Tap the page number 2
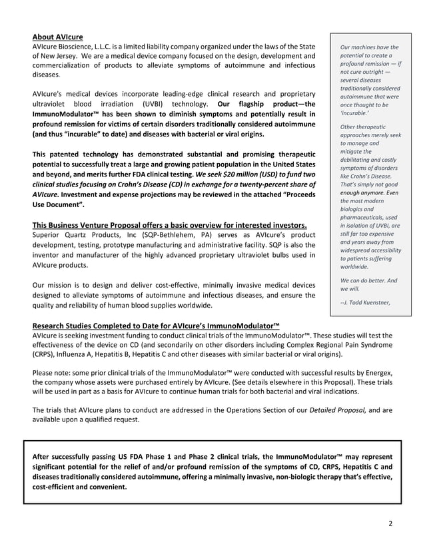391,523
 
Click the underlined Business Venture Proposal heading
170,224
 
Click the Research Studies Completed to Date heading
156,325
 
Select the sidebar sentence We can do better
363,280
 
